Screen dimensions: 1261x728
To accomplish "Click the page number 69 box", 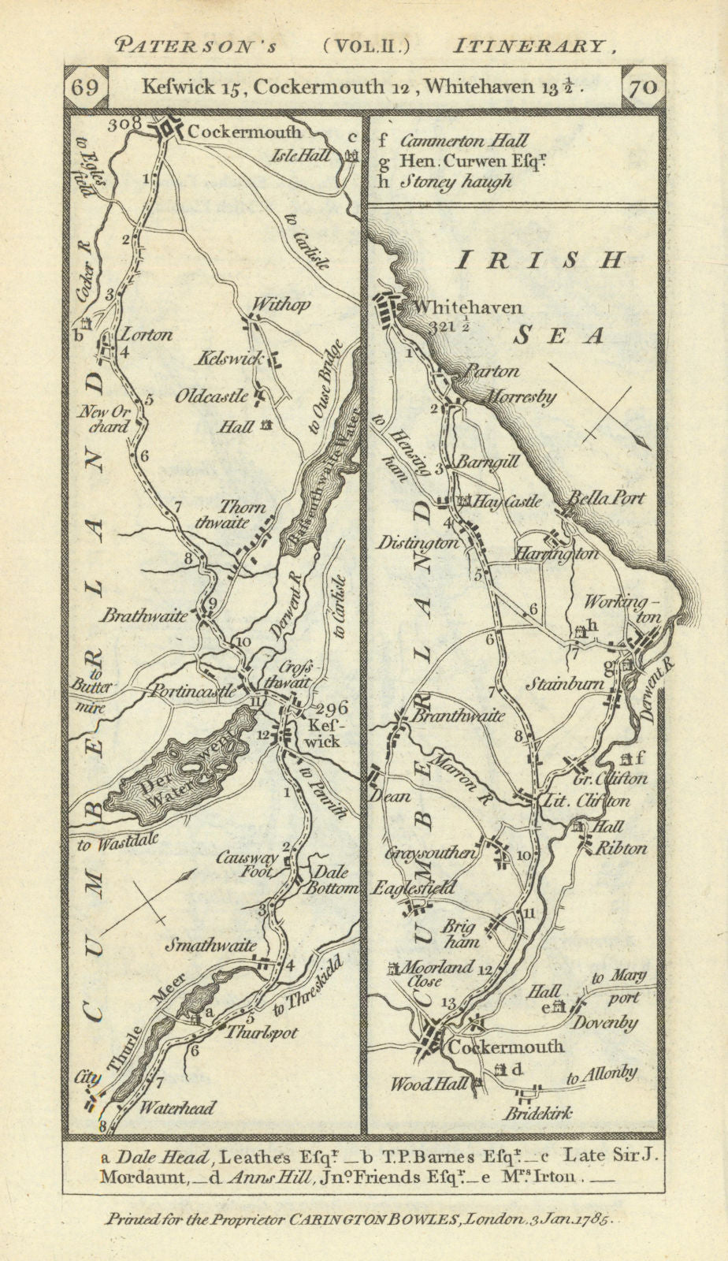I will pyautogui.click(x=85, y=86).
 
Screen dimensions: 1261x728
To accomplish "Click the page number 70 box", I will pyautogui.click(x=643, y=86).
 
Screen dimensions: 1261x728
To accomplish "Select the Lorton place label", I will pyautogui.click(x=144, y=334).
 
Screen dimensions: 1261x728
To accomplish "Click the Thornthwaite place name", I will pyautogui.click(x=243, y=515).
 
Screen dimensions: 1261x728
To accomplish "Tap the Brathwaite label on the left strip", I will pyautogui.click(x=143, y=616).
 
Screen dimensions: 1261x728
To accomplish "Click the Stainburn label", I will pyautogui.click(x=567, y=684).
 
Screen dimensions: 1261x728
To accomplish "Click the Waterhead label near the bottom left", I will pyautogui.click(x=176, y=1107).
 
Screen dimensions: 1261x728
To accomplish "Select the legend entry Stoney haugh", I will pyautogui.click(x=455, y=180).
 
